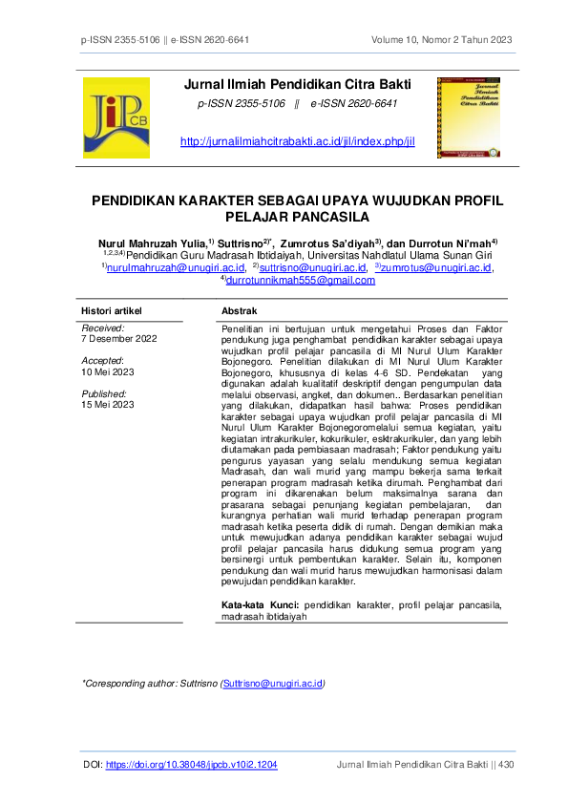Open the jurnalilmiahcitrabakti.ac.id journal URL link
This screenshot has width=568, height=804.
[298, 141]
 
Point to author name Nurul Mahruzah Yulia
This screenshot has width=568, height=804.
[151, 243]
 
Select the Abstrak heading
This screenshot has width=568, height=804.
[240, 312]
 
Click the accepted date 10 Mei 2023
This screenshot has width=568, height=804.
[108, 371]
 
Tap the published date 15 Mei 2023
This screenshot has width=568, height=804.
[108, 405]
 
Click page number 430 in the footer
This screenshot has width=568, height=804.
[506, 765]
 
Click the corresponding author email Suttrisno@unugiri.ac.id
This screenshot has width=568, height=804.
[272, 684]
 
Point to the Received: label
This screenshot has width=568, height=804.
[103, 328]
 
